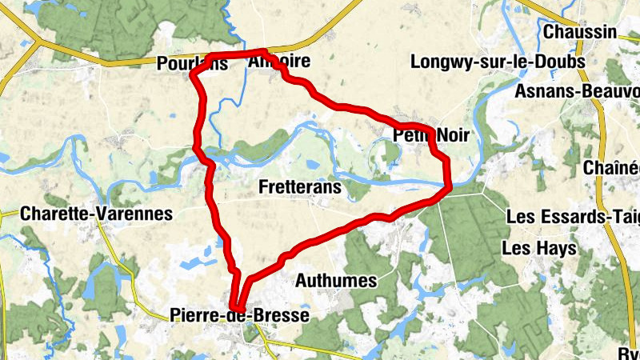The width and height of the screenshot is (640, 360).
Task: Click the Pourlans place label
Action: (x=193, y=64)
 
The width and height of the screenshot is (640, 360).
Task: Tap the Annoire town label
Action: (x=278, y=62)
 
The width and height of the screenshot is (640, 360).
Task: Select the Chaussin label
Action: (x=580, y=32)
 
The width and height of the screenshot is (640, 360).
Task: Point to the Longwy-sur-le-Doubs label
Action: (x=498, y=62)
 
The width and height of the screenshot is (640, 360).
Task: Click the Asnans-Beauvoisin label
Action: (x=576, y=91)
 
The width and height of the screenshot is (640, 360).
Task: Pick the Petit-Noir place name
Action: (x=430, y=136)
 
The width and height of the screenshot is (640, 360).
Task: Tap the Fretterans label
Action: (x=301, y=187)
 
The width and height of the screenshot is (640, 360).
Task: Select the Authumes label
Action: (x=336, y=281)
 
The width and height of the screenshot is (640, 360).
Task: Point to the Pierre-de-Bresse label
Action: (x=239, y=316)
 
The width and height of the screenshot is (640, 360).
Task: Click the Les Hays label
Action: (x=538, y=249)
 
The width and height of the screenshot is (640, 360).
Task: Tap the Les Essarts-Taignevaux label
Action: (x=573, y=216)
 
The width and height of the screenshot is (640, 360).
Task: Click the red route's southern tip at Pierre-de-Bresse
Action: (x=237, y=307)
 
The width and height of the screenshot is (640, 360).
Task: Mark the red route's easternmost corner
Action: (x=450, y=188)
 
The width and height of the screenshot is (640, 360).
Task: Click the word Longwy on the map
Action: (x=437, y=62)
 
